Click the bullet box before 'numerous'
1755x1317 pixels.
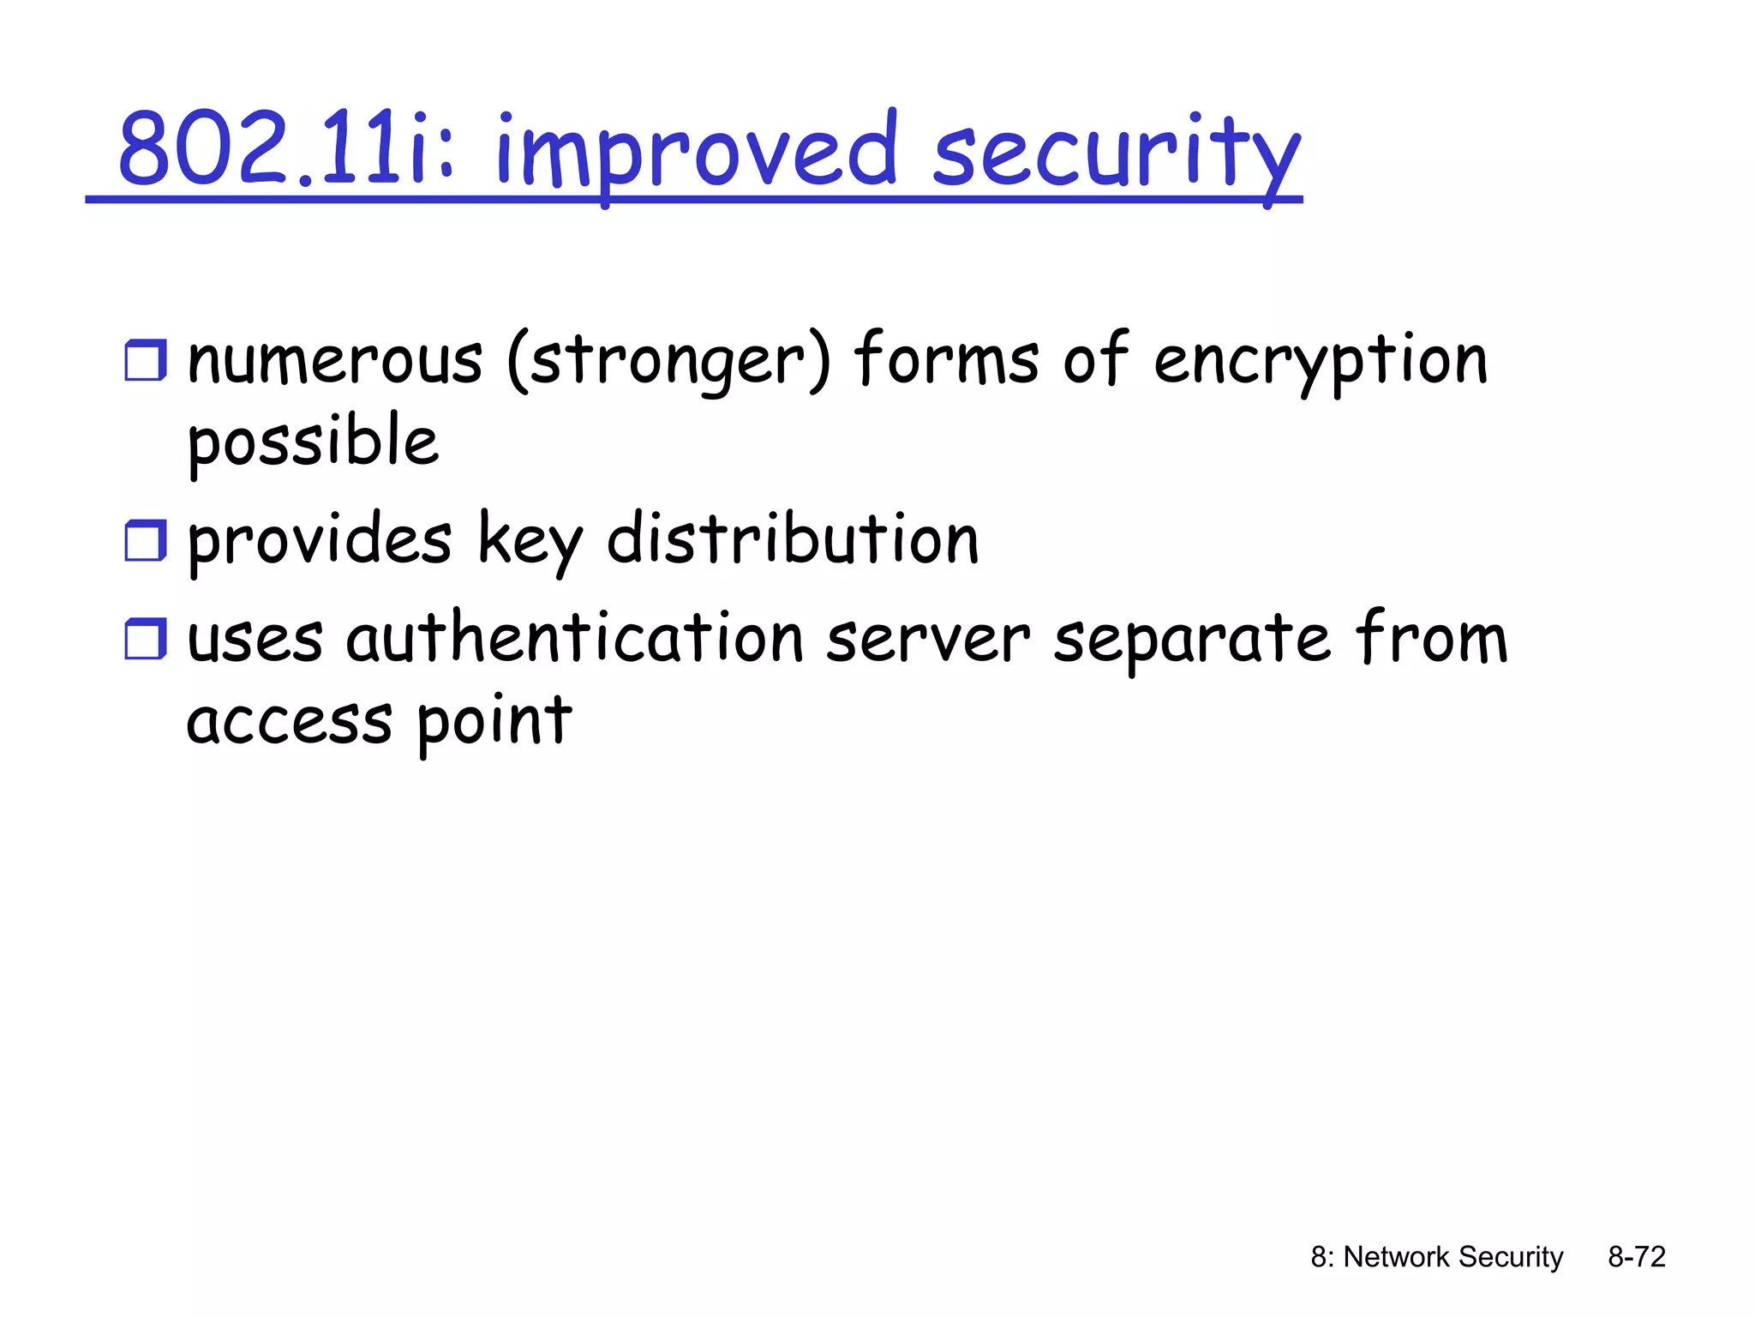tap(145, 360)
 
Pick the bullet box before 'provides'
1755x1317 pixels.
tap(145, 541)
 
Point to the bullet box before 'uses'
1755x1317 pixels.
tap(145, 640)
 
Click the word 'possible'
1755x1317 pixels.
tap(313, 442)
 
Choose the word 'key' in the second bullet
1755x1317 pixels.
tap(530, 543)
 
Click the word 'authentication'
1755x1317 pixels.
tap(574, 640)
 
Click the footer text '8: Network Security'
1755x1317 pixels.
tap(1436, 1257)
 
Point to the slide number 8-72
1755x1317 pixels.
tap(1637, 1257)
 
